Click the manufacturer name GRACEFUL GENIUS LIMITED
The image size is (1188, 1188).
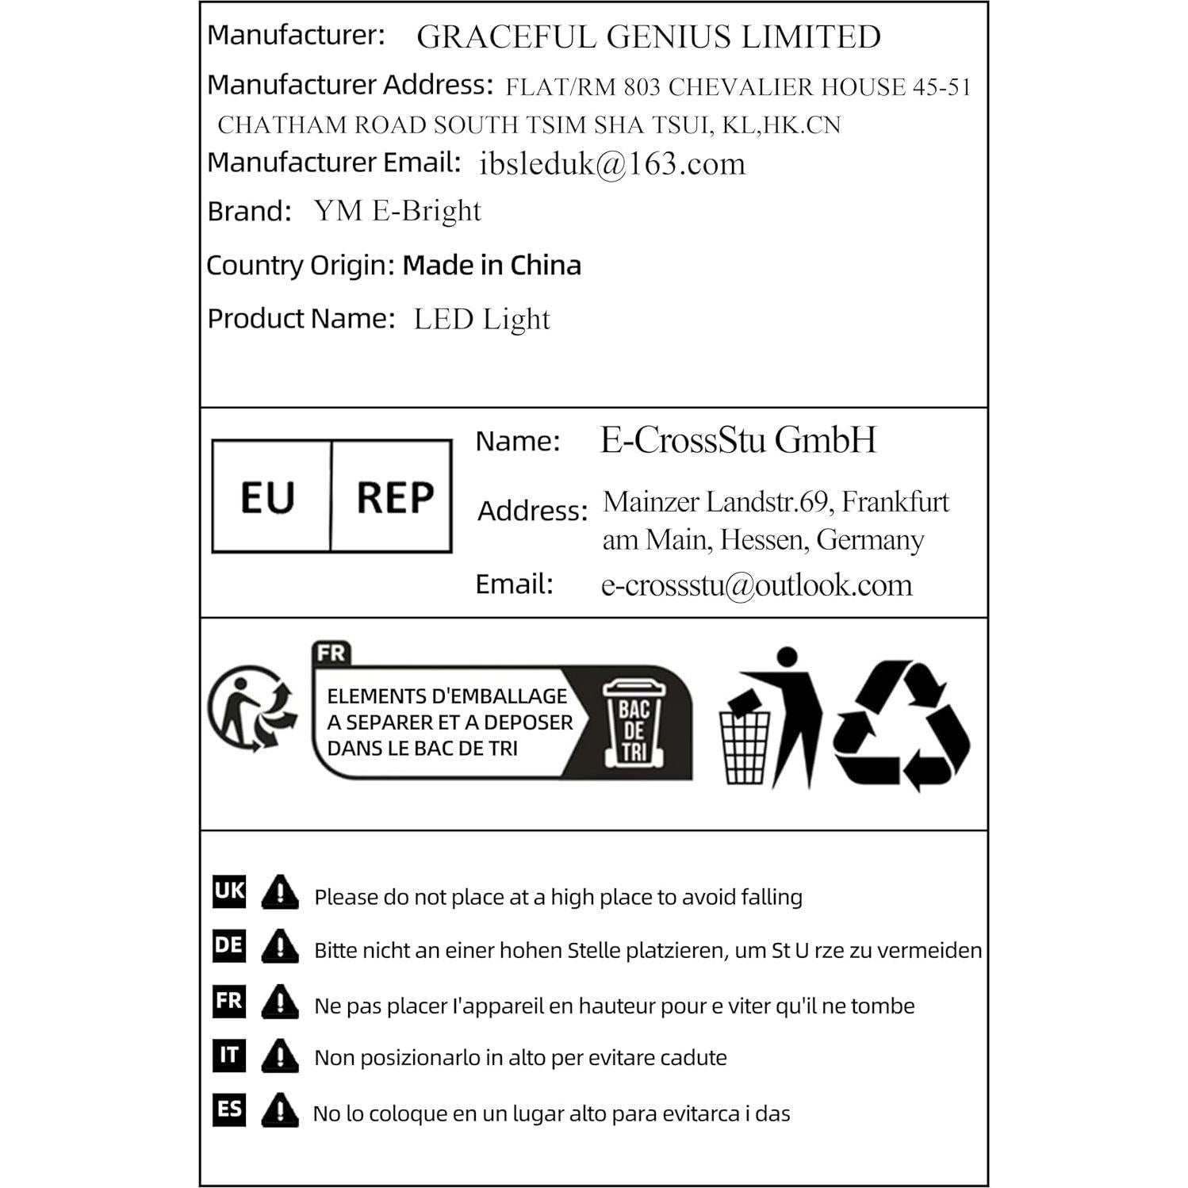tap(648, 37)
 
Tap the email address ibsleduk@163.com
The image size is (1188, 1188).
tap(612, 164)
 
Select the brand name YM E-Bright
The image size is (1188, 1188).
tap(397, 211)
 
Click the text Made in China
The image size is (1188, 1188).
tap(492, 265)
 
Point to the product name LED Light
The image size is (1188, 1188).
tap(481, 319)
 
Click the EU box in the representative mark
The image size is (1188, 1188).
tap(268, 497)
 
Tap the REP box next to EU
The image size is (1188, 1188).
tap(394, 497)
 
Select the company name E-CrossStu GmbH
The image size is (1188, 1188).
tap(738, 440)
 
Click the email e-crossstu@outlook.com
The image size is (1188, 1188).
tap(757, 585)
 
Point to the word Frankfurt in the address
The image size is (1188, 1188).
tap(895, 502)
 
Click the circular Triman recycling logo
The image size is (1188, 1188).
tap(251, 708)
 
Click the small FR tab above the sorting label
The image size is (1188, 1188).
tap(331, 653)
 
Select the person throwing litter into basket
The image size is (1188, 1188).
tap(770, 719)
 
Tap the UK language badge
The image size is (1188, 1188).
tap(229, 891)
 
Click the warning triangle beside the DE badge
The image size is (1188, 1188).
tap(279, 946)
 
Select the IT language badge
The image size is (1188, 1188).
tap(229, 1055)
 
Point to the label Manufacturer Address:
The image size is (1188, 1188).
tap(350, 85)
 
